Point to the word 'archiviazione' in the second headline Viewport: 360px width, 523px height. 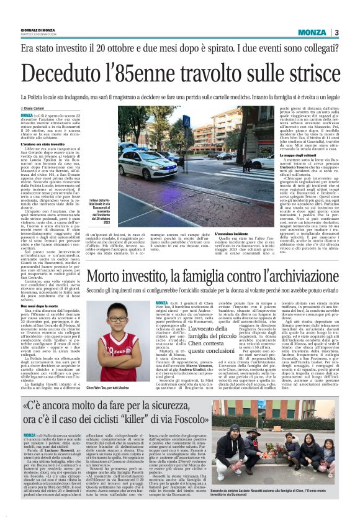[x=297, y=277]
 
